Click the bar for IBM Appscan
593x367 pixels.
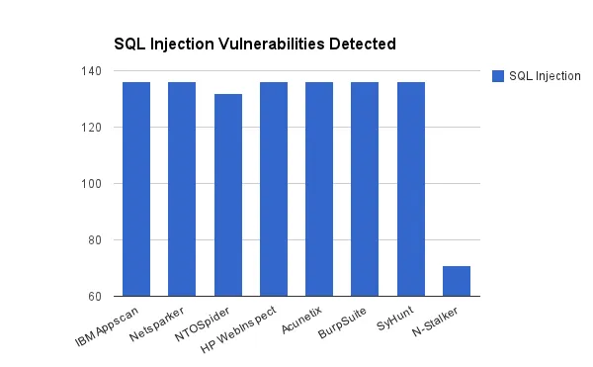(136, 188)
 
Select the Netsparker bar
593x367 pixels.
(182, 188)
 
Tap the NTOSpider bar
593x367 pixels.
(228, 194)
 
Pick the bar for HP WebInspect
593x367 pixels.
(274, 188)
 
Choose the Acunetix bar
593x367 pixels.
(319, 188)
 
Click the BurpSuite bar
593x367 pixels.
(365, 188)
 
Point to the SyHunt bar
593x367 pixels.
(411, 188)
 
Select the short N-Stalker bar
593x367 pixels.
(457, 281)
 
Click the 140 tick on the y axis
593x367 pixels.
(95, 71)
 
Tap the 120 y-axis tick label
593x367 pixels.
(95, 128)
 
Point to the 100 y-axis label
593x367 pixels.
(95, 184)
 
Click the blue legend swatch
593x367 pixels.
(498, 76)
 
